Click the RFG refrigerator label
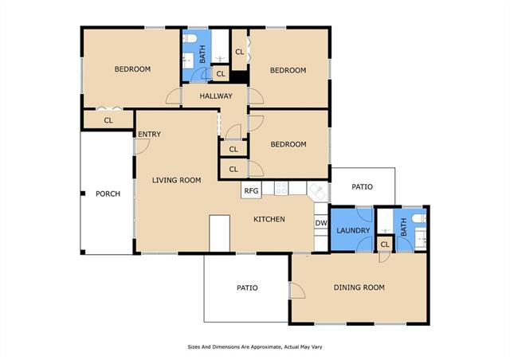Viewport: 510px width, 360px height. [251, 190]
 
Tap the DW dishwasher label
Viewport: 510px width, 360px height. [321, 223]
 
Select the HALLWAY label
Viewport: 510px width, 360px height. [216, 96]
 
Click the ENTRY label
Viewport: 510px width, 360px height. [149, 134]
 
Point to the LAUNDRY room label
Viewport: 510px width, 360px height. [353, 230]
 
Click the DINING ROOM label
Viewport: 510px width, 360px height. [359, 288]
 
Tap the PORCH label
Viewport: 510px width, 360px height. [108, 194]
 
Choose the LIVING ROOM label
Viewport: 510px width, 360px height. [177, 180]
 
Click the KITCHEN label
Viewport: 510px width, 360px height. [269, 219]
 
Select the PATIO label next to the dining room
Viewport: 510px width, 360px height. [247, 288]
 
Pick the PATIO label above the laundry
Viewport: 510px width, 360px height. [362, 187]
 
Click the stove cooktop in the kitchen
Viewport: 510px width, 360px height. [281, 188]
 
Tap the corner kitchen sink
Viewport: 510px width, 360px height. [318, 191]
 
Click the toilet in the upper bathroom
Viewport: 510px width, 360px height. [190, 39]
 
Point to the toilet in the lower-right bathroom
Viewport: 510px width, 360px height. [420, 218]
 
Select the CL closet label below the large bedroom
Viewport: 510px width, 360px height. [108, 120]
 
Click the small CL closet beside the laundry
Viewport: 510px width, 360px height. [385, 245]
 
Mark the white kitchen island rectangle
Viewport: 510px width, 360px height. [220, 233]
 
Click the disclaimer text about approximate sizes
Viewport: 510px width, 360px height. [255, 347]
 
